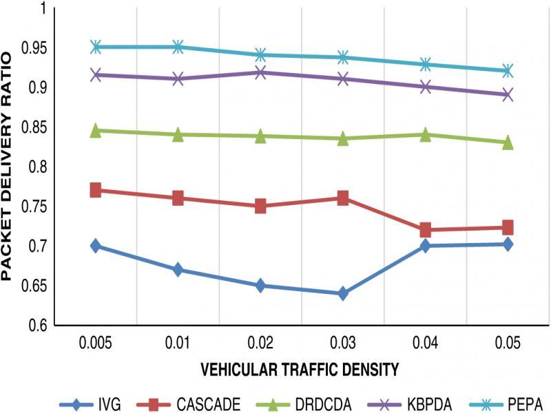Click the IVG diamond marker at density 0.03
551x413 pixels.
click(343, 294)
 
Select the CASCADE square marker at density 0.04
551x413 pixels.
click(425, 229)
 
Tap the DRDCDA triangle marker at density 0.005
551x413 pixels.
click(96, 130)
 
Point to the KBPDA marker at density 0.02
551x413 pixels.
click(260, 72)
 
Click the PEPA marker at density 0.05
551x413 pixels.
click(508, 70)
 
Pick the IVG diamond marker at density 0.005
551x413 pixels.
click(96, 246)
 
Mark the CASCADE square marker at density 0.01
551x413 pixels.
click(178, 198)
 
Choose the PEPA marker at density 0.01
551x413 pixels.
click(178, 47)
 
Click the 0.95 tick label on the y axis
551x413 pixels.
click(31, 48)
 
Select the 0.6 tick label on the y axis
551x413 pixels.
click(35, 325)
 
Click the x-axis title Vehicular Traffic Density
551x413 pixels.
click(300, 370)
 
